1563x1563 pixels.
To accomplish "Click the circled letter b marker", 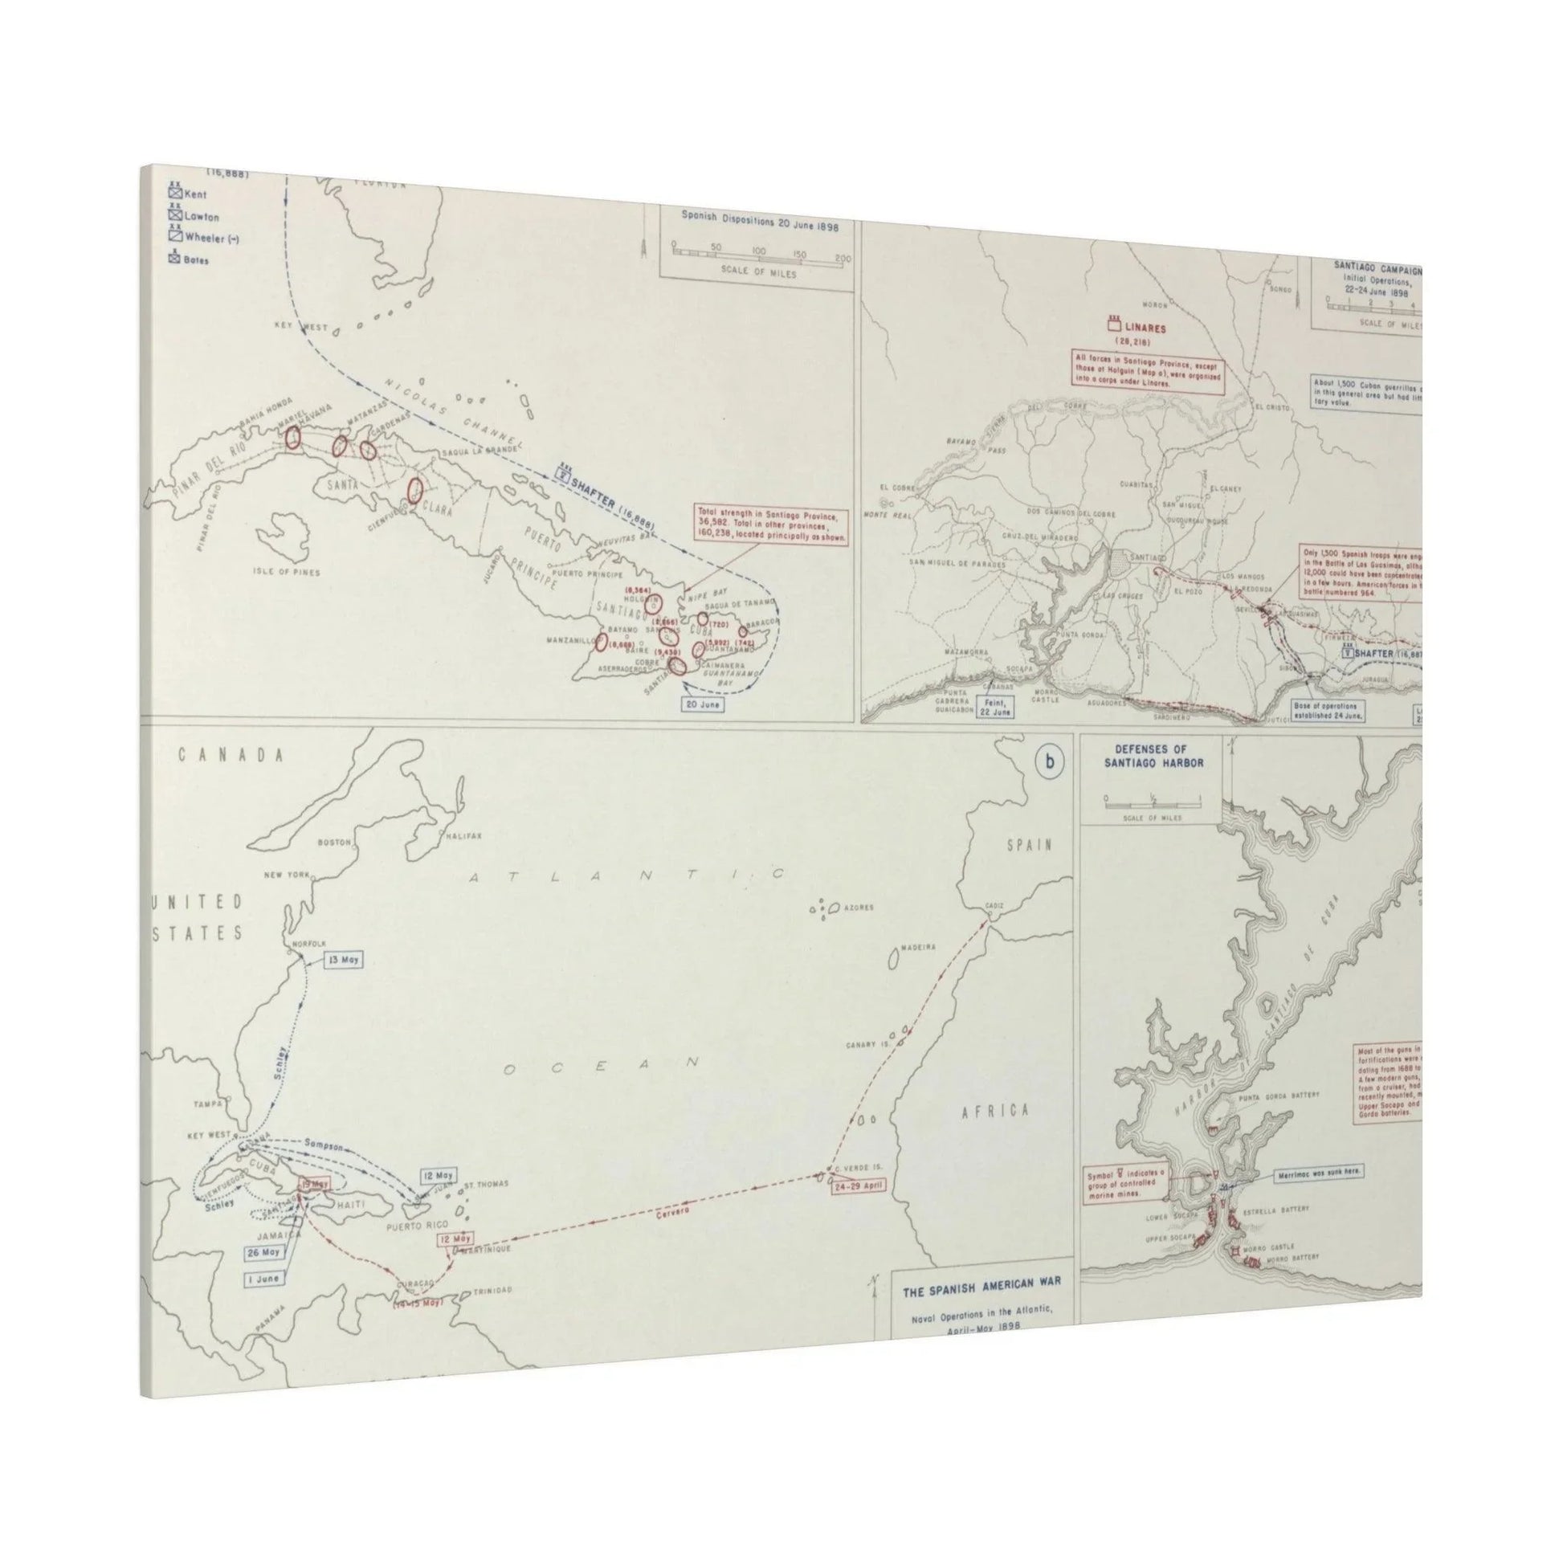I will (x=1050, y=763).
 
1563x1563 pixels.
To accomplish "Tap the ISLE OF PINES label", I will (x=286, y=572).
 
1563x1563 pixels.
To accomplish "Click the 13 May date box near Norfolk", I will (x=343, y=960).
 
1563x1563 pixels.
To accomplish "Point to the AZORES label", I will (x=857, y=909).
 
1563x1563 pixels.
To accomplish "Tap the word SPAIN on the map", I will (x=1028, y=846).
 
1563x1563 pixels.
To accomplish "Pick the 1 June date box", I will (x=263, y=1279).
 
